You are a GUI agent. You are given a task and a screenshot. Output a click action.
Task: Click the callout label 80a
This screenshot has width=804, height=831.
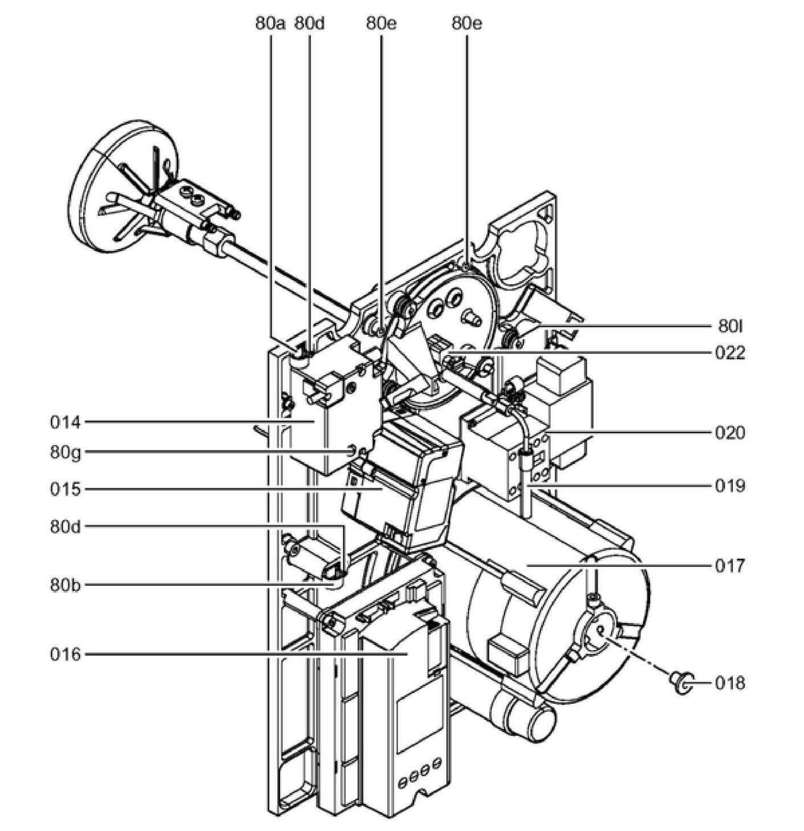click(x=270, y=23)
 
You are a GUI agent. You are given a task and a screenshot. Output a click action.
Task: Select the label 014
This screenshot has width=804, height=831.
click(x=66, y=423)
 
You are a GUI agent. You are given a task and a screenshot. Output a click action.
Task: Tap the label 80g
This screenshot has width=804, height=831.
click(x=66, y=453)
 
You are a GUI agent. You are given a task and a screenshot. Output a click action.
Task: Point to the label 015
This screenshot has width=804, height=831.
click(x=66, y=489)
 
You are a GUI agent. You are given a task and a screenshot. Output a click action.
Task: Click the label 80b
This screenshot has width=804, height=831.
click(x=66, y=585)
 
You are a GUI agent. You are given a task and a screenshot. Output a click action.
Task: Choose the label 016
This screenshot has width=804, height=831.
click(x=66, y=654)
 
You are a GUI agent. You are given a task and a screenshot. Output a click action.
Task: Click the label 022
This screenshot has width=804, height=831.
click(x=730, y=352)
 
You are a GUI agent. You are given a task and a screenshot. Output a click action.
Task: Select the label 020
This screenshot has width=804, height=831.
click(x=730, y=433)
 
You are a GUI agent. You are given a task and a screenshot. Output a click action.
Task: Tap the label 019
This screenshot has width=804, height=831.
click(x=730, y=486)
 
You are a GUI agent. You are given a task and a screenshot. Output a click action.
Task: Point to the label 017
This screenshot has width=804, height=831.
click(x=730, y=566)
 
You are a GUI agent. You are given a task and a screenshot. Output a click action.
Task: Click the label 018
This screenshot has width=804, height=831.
click(x=730, y=683)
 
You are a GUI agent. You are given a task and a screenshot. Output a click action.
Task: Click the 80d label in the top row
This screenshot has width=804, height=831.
click(x=309, y=23)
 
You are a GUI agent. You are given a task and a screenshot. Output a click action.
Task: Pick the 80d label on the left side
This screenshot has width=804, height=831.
click(x=66, y=526)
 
